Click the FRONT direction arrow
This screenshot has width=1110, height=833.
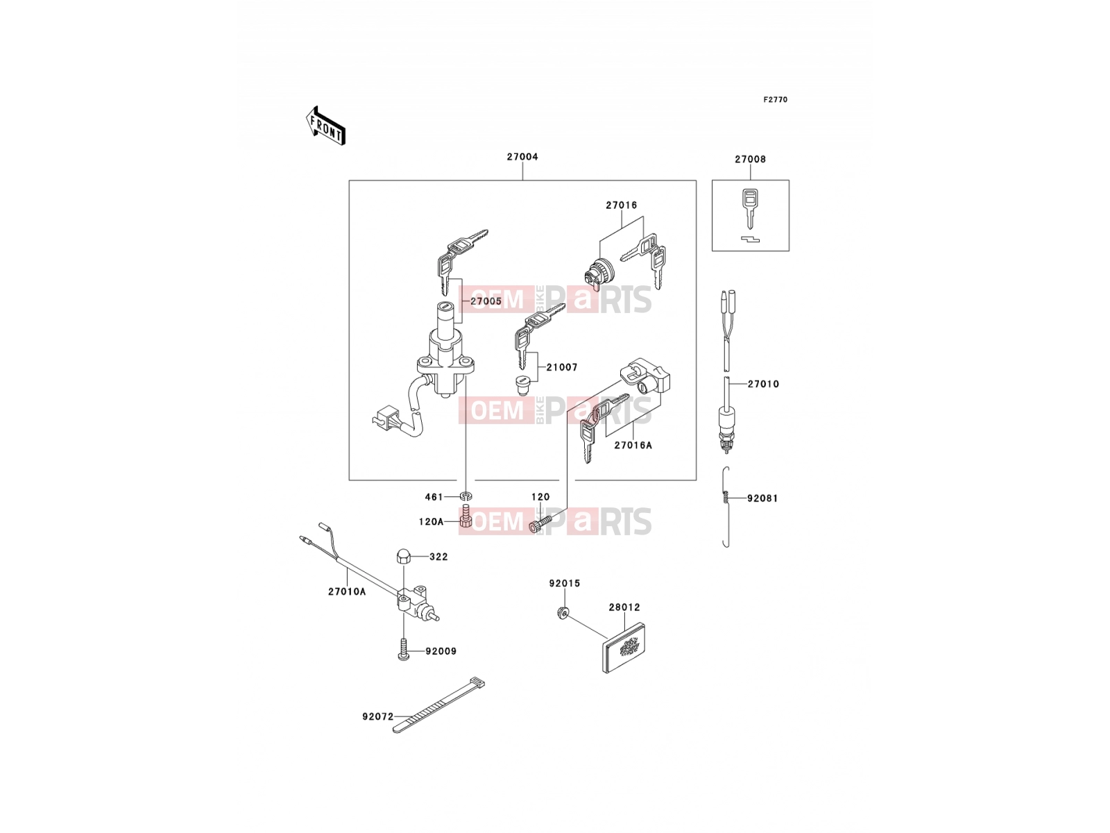click(325, 126)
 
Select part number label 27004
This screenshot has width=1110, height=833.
click(522, 157)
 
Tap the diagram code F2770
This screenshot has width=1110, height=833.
click(775, 100)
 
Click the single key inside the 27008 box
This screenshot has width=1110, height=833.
click(750, 208)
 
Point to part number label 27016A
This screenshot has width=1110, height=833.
click(633, 445)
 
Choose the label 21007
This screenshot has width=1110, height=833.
click(562, 367)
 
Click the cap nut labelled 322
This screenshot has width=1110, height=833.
click(403, 556)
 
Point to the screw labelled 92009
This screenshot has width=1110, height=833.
click(404, 649)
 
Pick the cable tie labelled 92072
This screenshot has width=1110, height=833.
click(438, 705)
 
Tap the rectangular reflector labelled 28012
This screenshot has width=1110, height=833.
click(624, 648)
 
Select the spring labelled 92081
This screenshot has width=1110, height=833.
click(726, 506)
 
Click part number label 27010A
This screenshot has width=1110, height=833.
click(347, 591)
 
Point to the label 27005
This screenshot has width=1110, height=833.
click(486, 301)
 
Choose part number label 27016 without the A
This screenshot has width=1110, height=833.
click(622, 205)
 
